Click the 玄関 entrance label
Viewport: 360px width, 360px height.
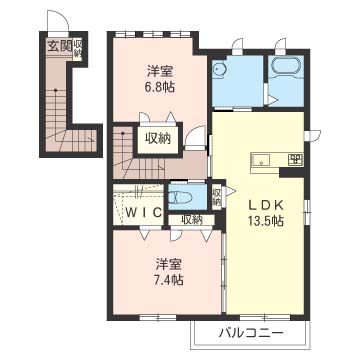[59, 47]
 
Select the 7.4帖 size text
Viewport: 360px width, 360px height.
[169, 280]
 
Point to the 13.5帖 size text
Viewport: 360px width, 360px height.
[265, 221]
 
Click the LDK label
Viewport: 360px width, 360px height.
[265, 205]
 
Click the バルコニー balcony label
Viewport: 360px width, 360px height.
[251, 333]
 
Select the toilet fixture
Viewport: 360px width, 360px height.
[179, 198]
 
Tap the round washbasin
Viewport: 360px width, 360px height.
[219, 70]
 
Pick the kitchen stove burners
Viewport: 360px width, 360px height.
[296, 159]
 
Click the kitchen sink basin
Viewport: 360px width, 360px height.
[261, 160]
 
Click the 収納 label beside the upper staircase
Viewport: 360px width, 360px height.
[158, 138]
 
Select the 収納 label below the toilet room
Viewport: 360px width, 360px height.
[192, 219]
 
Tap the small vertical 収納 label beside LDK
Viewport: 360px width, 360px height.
[217, 197]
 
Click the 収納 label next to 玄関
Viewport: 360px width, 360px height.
[78, 48]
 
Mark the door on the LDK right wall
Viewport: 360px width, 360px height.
[312, 134]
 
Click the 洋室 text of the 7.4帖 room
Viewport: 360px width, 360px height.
[169, 264]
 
